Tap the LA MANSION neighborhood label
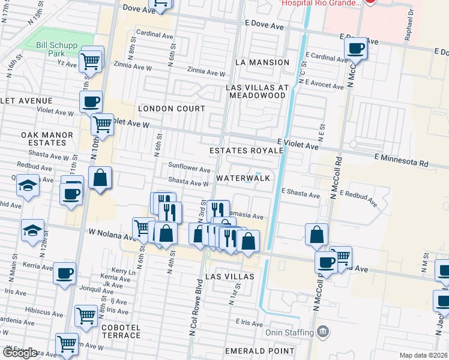click(x=262, y=62)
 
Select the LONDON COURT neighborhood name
click(x=172, y=109)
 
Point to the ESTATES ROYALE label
click(x=246, y=151)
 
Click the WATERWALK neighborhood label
click(x=243, y=178)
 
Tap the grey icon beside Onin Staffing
click(x=323, y=331)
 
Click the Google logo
click(x=19, y=353)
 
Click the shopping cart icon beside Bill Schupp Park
click(x=91, y=59)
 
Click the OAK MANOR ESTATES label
click(x=43, y=139)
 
